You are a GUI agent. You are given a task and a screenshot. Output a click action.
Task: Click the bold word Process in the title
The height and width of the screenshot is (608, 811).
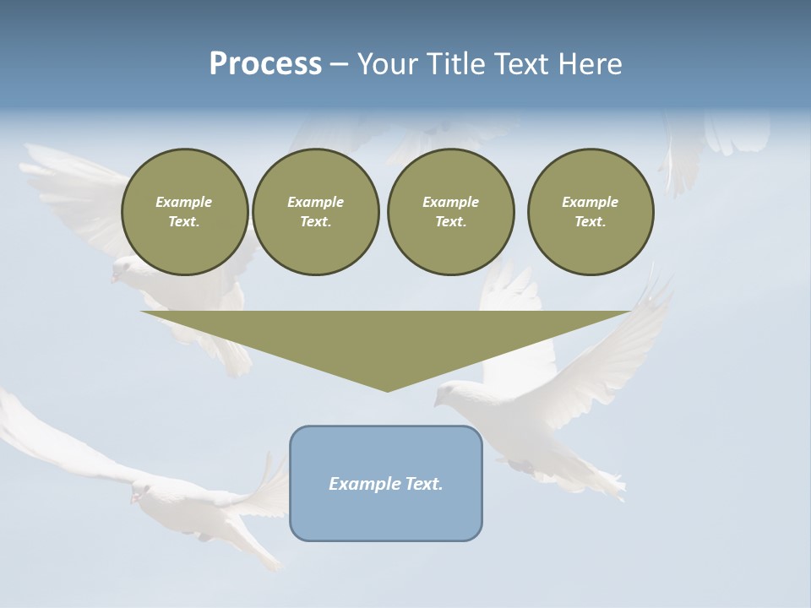265,64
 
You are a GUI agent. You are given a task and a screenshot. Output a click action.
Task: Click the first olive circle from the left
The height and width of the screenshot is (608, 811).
184,212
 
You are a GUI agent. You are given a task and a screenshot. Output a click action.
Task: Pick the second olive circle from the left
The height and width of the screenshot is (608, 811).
315,212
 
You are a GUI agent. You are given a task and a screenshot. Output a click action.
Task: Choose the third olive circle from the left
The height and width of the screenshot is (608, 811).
450,212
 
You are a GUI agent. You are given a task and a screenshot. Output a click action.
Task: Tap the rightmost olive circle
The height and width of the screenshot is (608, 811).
590,212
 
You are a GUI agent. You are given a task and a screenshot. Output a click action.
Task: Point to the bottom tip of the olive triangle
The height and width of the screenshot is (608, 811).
388,391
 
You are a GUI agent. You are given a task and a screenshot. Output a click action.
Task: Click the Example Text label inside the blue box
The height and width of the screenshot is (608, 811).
386,484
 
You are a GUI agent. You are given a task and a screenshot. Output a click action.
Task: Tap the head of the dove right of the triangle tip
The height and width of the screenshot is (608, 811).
450,392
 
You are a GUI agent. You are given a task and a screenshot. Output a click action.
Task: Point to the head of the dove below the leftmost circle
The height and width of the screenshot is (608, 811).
123,270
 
